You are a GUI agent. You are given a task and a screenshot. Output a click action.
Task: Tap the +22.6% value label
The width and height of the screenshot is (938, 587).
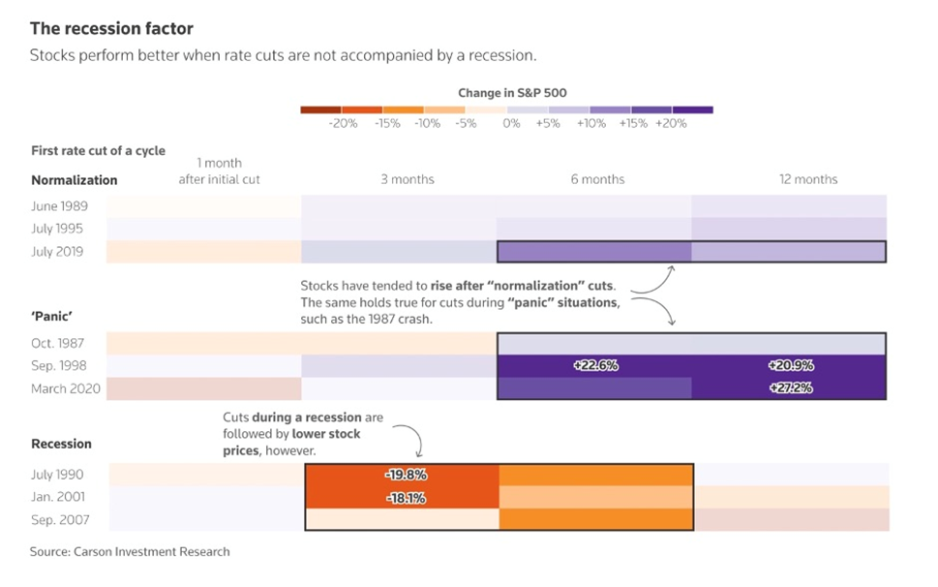click(x=594, y=366)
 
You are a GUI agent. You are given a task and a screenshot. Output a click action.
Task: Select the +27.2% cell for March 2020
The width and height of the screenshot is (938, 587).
click(x=790, y=388)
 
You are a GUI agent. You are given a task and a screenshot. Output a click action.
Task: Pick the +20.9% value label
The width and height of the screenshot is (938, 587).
click(x=790, y=366)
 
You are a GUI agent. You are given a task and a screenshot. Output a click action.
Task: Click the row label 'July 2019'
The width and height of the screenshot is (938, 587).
click(x=57, y=252)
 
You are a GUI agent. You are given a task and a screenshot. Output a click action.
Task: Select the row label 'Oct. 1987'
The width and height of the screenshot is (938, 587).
click(x=57, y=343)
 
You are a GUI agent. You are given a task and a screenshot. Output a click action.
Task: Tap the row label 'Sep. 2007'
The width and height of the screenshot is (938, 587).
click(x=57, y=520)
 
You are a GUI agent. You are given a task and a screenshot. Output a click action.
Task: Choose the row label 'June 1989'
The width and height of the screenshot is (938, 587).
click(x=59, y=206)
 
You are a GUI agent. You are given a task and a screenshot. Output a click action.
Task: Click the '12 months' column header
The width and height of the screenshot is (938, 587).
click(x=808, y=179)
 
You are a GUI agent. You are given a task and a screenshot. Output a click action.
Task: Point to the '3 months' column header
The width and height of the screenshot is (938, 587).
click(x=408, y=179)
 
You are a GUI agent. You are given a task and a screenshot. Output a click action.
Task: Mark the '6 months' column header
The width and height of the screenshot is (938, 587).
click(x=597, y=179)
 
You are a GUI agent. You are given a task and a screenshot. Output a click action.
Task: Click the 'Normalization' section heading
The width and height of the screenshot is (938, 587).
click(x=75, y=180)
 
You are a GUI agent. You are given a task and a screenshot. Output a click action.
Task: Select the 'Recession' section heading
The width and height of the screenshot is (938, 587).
click(x=61, y=444)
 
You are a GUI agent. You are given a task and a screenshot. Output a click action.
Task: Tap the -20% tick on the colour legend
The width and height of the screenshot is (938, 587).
click(x=343, y=124)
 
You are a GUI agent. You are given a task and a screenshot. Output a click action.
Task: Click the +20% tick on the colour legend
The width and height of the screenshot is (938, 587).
click(x=671, y=124)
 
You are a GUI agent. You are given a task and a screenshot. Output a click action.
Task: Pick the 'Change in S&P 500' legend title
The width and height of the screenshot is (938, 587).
click(x=512, y=93)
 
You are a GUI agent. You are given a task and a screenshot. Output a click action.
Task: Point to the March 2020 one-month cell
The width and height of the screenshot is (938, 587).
click(x=204, y=388)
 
